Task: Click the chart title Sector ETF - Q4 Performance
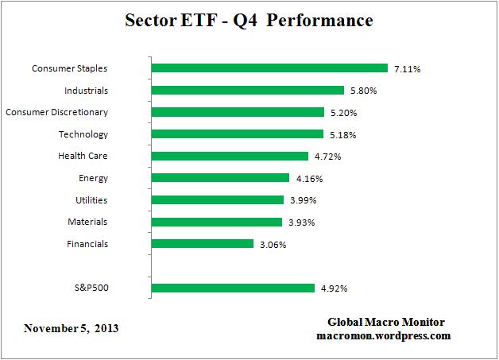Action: click(x=249, y=21)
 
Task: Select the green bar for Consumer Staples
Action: click(x=269, y=68)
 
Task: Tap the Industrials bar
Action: click(x=247, y=91)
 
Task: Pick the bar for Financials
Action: click(x=202, y=244)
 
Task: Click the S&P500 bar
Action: click(x=233, y=288)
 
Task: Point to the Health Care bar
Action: click(x=230, y=157)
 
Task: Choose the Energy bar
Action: click(x=220, y=178)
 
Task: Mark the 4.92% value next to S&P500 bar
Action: click(x=333, y=288)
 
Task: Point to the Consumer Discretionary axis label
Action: click(x=56, y=112)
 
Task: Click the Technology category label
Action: click(x=83, y=134)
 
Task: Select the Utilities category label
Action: click(x=87, y=200)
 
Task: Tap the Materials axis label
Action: click(x=87, y=222)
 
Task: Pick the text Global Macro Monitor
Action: click(x=386, y=322)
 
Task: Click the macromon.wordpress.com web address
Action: click(x=384, y=335)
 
